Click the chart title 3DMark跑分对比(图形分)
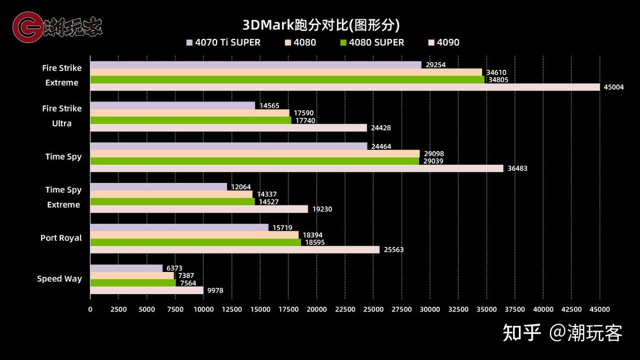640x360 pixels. pyautogui.click(x=321, y=25)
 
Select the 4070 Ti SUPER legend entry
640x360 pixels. pyautogui.click(x=223, y=43)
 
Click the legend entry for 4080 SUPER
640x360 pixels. pyautogui.click(x=372, y=43)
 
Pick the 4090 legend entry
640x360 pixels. pyautogui.click(x=443, y=43)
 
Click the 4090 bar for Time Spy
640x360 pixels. pyautogui.click(x=297, y=169)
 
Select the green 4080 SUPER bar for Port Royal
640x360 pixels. pyautogui.click(x=195, y=242)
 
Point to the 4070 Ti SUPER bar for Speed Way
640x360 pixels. pyautogui.click(x=126, y=268)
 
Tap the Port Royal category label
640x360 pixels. pyautogui.click(x=61, y=238)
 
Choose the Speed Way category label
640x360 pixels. pyautogui.click(x=60, y=278)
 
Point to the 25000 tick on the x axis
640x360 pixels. pyautogui.click(x=373, y=309)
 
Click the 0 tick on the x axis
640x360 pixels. pyautogui.click(x=90, y=309)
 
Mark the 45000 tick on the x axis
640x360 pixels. pyautogui.click(x=599, y=309)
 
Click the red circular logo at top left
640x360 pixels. pyautogui.click(x=27, y=27)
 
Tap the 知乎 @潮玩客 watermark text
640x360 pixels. pyautogui.click(x=563, y=333)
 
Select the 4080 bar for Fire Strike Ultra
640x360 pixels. pyautogui.click(x=189, y=113)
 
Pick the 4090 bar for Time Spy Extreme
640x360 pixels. pyautogui.click(x=199, y=209)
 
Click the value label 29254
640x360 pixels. pyautogui.click(x=435, y=65)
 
